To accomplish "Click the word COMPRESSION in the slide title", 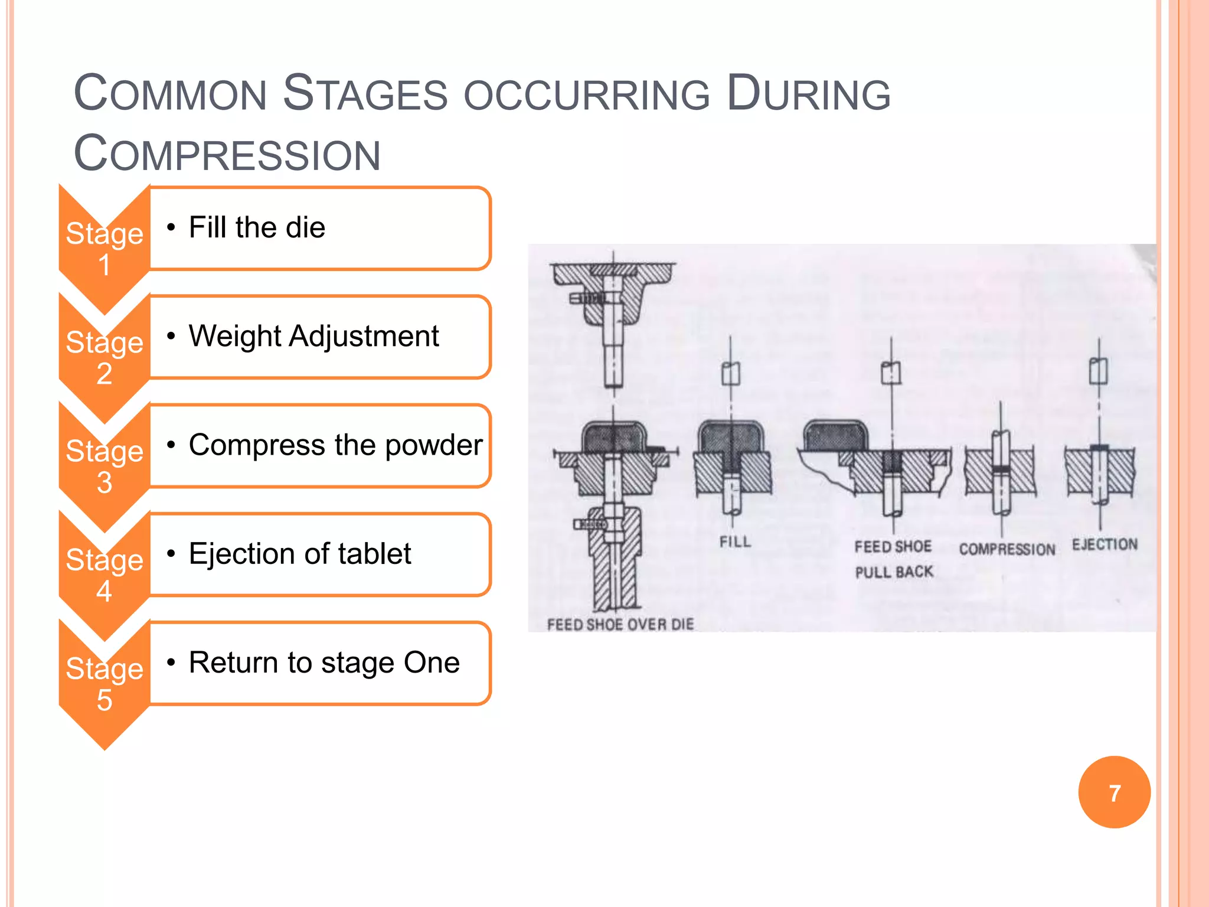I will click(x=227, y=154).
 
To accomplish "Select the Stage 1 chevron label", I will click(x=104, y=248).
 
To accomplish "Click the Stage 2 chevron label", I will click(x=104, y=357).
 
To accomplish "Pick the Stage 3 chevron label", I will click(x=104, y=466).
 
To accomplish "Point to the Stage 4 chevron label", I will click(x=104, y=575).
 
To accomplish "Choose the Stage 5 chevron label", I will click(x=104, y=683).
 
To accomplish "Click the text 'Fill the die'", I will click(x=257, y=227).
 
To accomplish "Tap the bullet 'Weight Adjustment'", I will click(x=313, y=336).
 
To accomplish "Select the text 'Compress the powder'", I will click(x=335, y=445).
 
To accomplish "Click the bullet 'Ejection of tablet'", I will click(x=300, y=554).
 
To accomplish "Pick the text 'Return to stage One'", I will click(x=324, y=663).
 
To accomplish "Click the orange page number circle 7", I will click(x=1114, y=792).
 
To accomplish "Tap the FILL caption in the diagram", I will click(x=735, y=542).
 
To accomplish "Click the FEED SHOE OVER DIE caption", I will click(x=620, y=625).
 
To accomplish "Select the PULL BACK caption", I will click(x=894, y=572).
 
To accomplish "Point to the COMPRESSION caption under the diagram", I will click(x=1007, y=550).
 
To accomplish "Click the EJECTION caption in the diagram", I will click(x=1105, y=544).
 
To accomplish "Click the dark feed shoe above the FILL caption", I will click(x=731, y=438).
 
